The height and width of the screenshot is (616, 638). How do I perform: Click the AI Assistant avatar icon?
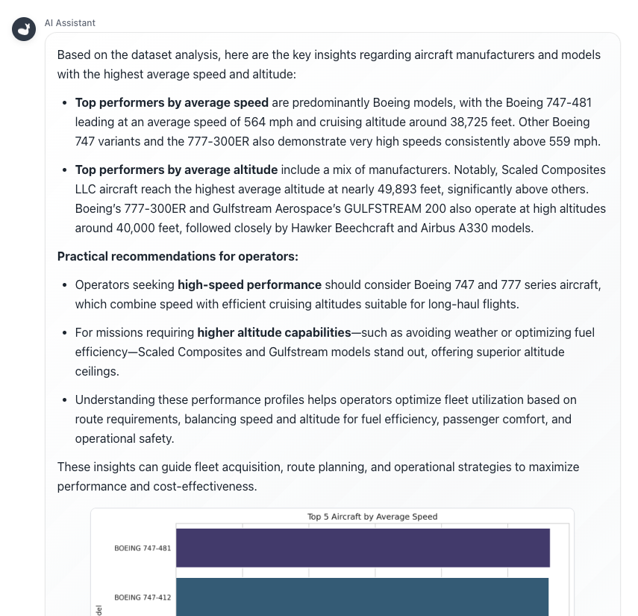pyautogui.click(x=24, y=29)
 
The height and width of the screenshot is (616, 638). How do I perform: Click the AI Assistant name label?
pyautogui.click(x=70, y=23)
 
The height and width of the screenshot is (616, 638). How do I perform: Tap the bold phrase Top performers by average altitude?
pyautogui.click(x=176, y=169)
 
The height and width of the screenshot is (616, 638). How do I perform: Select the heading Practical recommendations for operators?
pyautogui.click(x=178, y=256)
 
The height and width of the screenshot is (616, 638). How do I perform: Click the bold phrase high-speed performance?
pyautogui.click(x=249, y=284)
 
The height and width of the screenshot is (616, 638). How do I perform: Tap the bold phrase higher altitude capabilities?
pyautogui.click(x=274, y=332)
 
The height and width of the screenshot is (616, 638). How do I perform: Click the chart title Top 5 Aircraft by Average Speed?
pyautogui.click(x=372, y=517)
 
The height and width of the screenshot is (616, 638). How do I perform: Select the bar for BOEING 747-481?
pyautogui.click(x=363, y=547)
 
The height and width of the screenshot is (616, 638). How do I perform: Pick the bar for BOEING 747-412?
pyautogui.click(x=362, y=597)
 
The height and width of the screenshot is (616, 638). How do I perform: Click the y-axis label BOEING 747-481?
pyautogui.click(x=143, y=548)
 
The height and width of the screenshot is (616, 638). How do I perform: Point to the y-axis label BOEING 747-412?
pyautogui.click(x=143, y=597)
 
